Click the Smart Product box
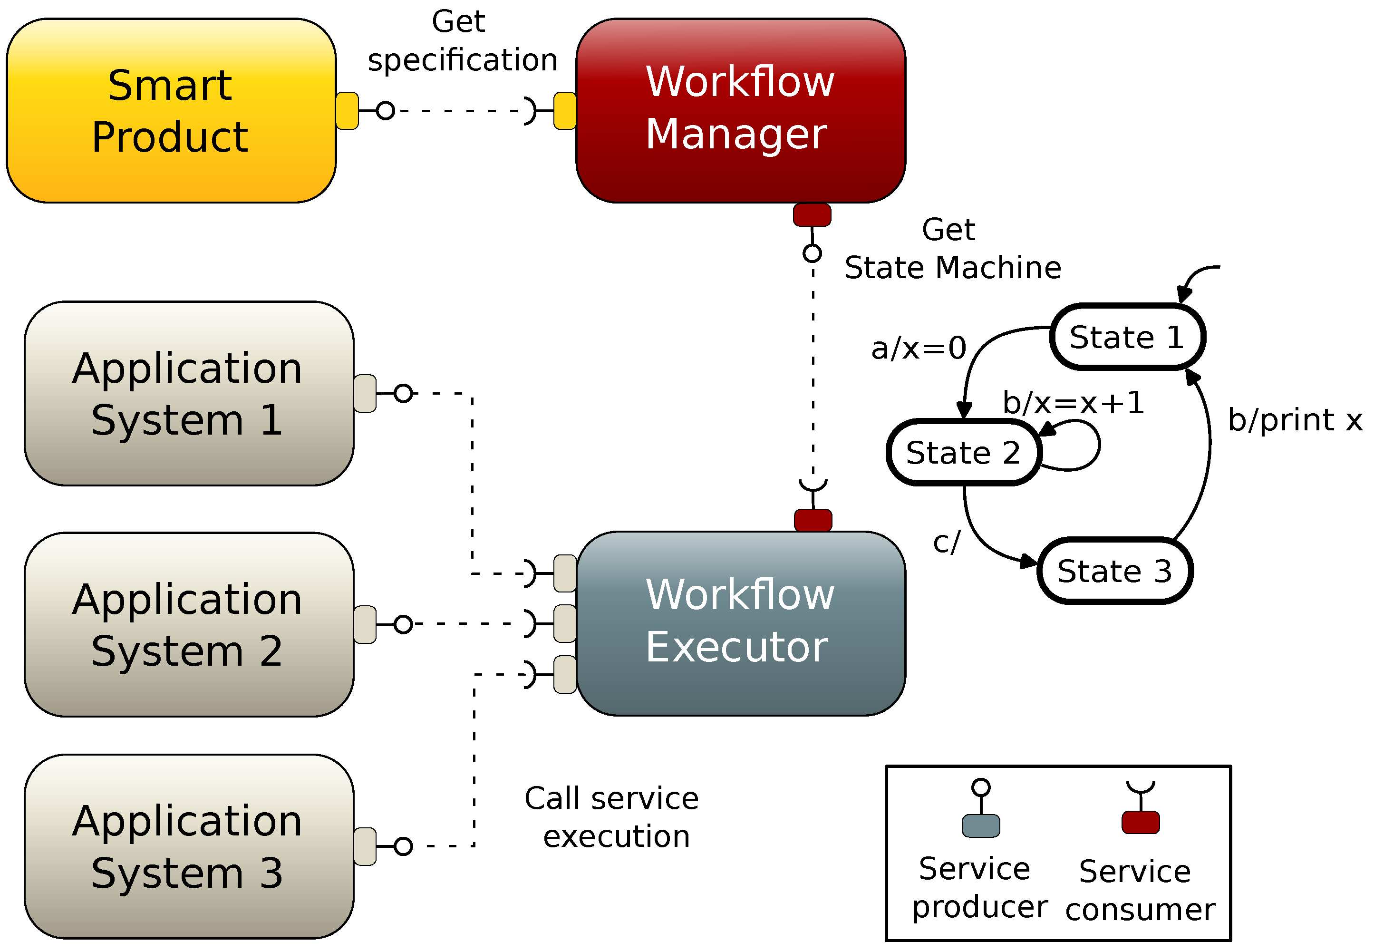point(171,111)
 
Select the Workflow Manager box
point(740,111)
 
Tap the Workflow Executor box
point(740,623)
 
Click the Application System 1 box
point(189,393)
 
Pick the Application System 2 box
point(189,624)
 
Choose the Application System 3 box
point(189,846)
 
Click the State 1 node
point(1127,337)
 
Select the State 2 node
point(964,452)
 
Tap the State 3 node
point(1114,571)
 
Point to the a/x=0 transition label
point(918,348)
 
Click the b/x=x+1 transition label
point(1073,403)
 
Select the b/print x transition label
point(1295,420)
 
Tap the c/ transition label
point(947,542)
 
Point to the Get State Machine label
point(952,249)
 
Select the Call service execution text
point(612,817)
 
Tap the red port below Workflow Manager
point(812,215)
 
